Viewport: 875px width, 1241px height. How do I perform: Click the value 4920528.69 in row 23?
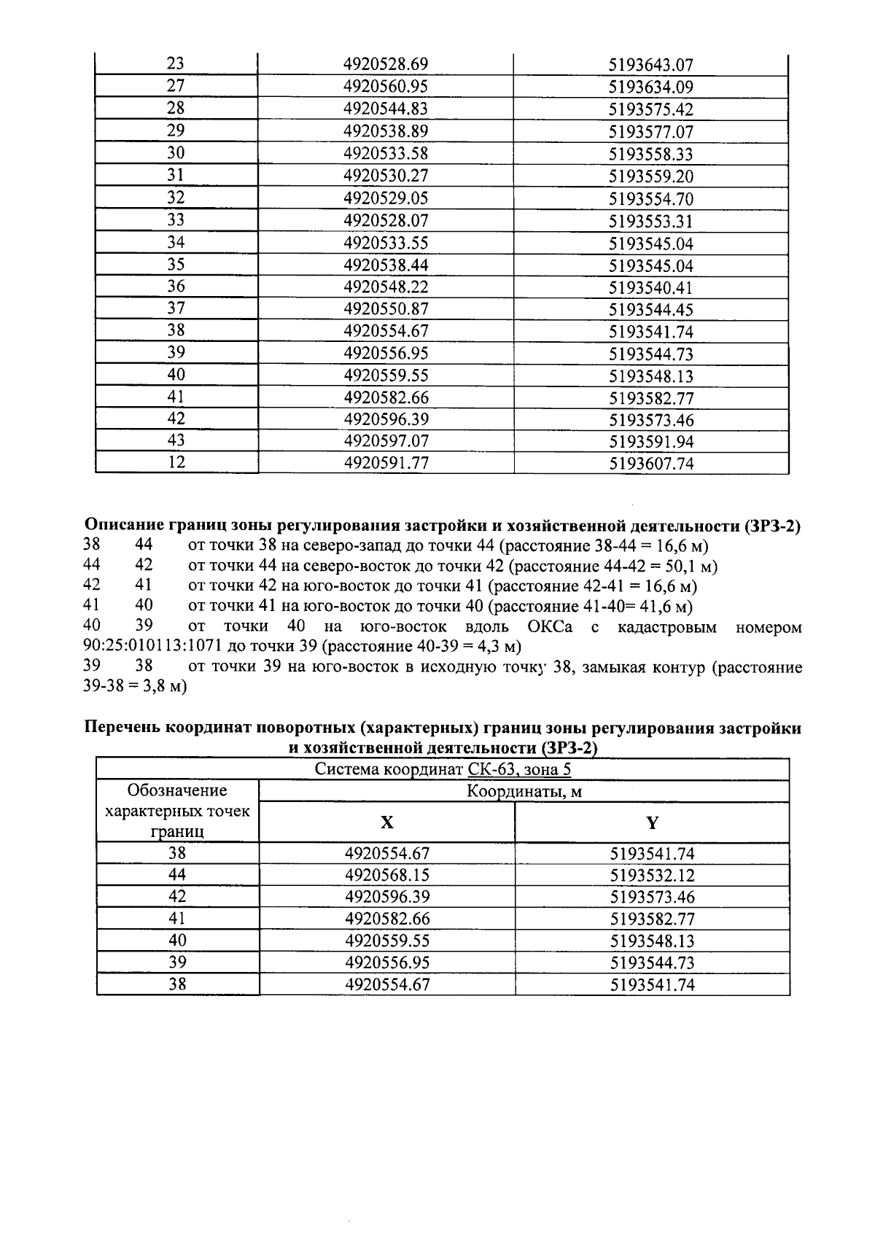386,65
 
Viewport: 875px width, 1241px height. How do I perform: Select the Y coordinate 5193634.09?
650,87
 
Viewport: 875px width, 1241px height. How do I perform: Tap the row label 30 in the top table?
176,153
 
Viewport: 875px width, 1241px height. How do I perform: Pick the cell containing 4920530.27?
386,176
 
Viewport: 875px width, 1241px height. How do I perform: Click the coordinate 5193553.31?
650,221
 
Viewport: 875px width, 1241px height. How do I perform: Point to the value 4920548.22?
386,287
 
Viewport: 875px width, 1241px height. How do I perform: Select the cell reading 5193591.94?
650,441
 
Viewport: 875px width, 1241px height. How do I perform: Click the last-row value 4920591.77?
386,463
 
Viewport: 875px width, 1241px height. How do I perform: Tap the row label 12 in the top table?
176,462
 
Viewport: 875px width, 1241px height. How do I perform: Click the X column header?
387,823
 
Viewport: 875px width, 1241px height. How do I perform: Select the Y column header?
652,823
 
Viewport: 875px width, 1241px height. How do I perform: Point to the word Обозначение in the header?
177,790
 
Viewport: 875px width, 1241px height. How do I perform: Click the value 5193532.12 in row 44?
652,875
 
